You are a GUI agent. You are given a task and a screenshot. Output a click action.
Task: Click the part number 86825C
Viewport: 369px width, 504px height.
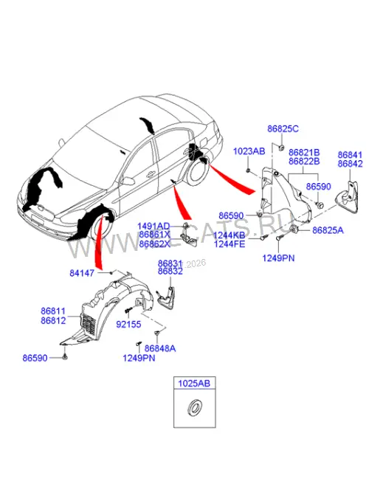pos(283,129)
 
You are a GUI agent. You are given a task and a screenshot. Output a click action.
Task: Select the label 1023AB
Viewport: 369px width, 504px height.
pos(249,151)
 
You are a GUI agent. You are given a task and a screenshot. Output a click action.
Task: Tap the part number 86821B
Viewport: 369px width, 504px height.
pos(304,152)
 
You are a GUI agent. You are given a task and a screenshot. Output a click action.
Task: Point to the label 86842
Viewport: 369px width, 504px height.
pos(350,164)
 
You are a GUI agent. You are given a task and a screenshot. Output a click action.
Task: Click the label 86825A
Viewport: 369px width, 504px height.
pos(328,230)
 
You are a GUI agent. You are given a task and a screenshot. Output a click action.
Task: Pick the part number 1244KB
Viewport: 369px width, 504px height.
pos(230,235)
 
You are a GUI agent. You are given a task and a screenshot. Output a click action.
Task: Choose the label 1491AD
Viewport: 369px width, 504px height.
pos(154,227)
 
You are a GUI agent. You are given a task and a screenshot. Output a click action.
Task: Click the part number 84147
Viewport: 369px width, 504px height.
pos(82,273)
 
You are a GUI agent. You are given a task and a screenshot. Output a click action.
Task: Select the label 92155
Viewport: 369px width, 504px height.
pos(128,325)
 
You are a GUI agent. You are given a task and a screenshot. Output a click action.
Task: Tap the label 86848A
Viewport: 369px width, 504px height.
pos(160,348)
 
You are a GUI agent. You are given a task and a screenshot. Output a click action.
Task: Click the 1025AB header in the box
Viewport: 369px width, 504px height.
pos(194,383)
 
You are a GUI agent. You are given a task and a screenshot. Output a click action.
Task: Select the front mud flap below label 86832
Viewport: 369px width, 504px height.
pos(167,297)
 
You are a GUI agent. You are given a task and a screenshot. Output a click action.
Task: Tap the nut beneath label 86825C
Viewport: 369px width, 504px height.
pos(280,148)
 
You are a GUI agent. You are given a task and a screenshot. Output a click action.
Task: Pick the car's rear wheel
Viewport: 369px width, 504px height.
pos(197,171)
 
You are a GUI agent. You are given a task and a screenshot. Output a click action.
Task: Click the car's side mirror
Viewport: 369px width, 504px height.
pos(128,180)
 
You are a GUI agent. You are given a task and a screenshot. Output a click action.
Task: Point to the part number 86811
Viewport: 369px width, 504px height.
pos(53,311)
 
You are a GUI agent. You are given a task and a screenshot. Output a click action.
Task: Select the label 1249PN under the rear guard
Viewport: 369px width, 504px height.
pos(278,258)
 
